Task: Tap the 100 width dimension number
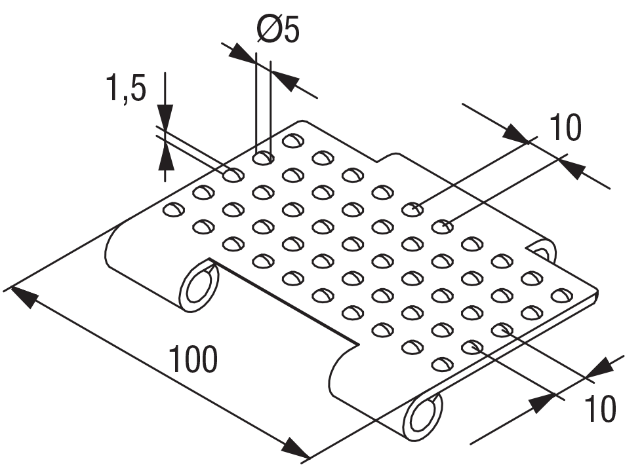pos(193,360)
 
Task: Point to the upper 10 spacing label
pos(565,128)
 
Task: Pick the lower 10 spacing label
pos(599,409)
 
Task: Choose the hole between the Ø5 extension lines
pos(263,158)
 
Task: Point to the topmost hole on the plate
pos(292,140)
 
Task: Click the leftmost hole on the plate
pos(173,210)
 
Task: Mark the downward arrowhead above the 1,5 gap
pos(165,115)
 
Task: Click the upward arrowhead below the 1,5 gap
pos(165,157)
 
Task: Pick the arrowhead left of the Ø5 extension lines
pos(244,56)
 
